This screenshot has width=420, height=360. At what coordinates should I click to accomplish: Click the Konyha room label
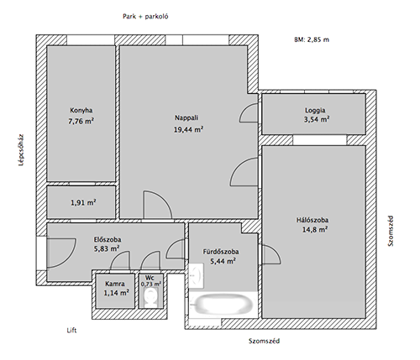[x=81, y=110]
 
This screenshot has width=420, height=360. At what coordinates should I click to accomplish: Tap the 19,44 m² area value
[x=188, y=129]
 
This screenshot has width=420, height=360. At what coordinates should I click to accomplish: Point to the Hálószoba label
[x=312, y=220]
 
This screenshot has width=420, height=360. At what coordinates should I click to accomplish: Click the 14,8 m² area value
[x=315, y=230]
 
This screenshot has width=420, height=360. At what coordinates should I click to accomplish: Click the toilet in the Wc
[x=151, y=298]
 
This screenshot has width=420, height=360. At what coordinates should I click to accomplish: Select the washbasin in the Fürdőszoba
[x=197, y=276]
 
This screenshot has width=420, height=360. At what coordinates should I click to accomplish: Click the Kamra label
[x=115, y=284]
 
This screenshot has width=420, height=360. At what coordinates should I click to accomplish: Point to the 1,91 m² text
[x=83, y=202]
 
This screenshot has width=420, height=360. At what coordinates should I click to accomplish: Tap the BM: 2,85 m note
[x=312, y=39]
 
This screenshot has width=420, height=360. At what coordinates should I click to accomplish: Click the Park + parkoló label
[x=145, y=17]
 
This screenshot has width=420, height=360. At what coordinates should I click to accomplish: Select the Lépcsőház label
[x=21, y=150]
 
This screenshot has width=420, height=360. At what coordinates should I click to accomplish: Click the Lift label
[x=71, y=331]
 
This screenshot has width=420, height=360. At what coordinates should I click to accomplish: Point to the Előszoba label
[x=108, y=240]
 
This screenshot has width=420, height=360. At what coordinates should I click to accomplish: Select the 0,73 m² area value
[x=151, y=284]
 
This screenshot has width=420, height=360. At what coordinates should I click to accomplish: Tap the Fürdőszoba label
[x=221, y=252]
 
